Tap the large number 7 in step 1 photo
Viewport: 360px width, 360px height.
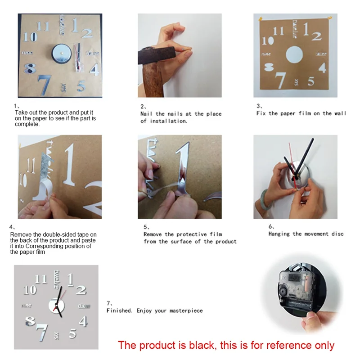click(x=44, y=84)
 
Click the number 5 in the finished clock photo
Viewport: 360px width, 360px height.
click(x=72, y=333)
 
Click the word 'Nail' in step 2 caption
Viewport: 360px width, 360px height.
click(x=147, y=114)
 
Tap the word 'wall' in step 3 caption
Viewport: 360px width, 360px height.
click(x=341, y=113)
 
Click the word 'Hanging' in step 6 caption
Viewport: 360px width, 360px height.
click(x=279, y=234)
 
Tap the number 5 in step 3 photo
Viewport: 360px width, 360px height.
click(x=311, y=81)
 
